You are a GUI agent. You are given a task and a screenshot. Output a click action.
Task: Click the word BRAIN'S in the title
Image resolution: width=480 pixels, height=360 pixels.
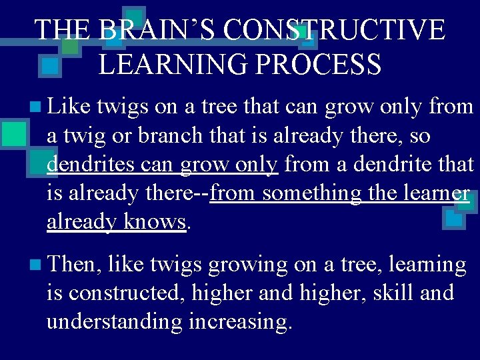point(160,31)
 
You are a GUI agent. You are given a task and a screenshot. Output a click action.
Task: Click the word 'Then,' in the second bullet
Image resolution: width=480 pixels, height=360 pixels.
point(73,265)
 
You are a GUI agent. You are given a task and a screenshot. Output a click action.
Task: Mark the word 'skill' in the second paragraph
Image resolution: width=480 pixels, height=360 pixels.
point(395,293)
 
